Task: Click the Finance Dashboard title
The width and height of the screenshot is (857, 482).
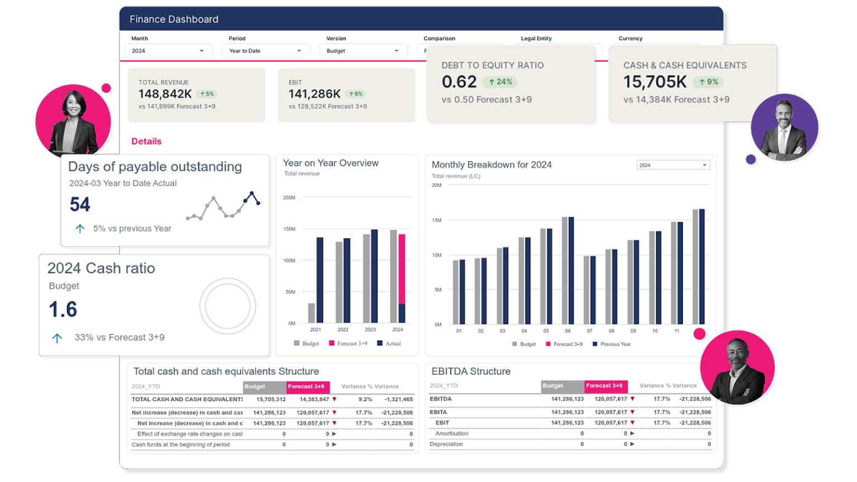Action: (x=174, y=20)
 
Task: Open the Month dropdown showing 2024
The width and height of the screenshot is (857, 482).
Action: (x=167, y=51)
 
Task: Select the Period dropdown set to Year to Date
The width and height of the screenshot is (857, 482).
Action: (x=264, y=51)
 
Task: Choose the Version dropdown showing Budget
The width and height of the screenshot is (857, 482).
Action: (x=362, y=51)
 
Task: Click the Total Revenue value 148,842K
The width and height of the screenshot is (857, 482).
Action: (x=165, y=94)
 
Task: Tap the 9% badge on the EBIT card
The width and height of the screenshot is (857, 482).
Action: (x=355, y=94)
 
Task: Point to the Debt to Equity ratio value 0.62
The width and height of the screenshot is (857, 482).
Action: (x=459, y=82)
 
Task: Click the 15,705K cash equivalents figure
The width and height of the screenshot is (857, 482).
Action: (x=654, y=82)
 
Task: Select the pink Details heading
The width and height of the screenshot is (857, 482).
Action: (x=146, y=142)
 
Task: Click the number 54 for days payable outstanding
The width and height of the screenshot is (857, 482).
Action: (x=80, y=205)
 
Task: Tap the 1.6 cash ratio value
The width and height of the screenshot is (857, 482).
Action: (x=62, y=310)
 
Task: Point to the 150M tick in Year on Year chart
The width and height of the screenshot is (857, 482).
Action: (x=289, y=229)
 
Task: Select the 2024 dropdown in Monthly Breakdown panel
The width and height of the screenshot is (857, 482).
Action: (x=673, y=165)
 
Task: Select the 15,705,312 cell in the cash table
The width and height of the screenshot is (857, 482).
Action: (x=271, y=399)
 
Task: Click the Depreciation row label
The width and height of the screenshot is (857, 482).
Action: (x=446, y=445)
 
